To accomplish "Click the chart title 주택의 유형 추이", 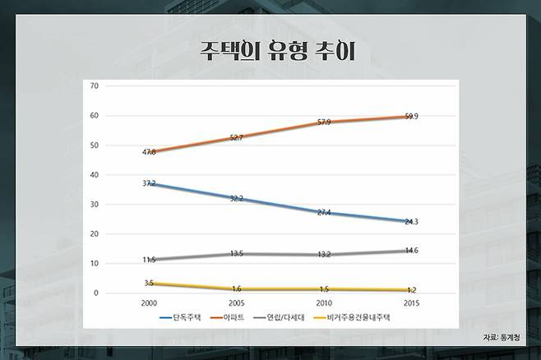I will tap(270, 49).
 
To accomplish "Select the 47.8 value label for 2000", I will tap(148, 153).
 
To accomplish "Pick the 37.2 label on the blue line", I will tap(148, 183).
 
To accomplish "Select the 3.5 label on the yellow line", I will tap(148, 283).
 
